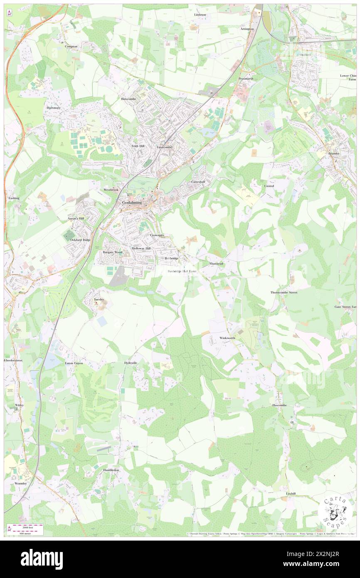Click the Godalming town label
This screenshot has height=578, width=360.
[132, 203]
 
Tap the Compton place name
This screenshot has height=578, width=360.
[71, 47]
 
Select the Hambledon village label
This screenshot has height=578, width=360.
[111, 470]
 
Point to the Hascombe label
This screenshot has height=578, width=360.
[279, 405]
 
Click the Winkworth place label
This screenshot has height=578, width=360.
[227, 338]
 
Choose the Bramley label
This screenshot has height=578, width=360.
[334, 153]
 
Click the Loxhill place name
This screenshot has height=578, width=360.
[291, 493]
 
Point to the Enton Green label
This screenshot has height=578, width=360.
[74, 363]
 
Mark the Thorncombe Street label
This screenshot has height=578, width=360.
[284, 292]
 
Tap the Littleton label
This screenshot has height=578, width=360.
[200, 15]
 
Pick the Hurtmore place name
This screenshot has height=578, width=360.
[54, 108]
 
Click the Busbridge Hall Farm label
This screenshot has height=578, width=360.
[182, 271]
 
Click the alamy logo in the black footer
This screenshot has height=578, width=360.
[42, 559]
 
